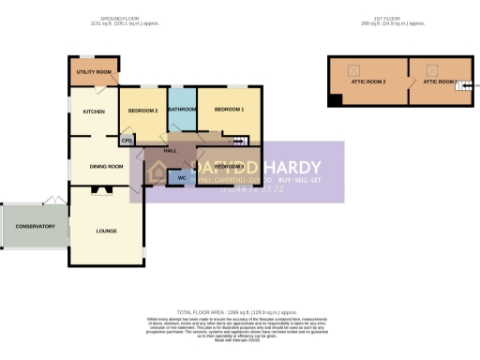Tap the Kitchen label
click(95, 112)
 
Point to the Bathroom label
click(181, 110)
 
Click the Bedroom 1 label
click(229, 110)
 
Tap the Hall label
click(170, 150)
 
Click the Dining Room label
click(106, 167)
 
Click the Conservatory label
click(35, 226)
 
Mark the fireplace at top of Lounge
click(106, 190)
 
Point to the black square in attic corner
click(334, 99)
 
